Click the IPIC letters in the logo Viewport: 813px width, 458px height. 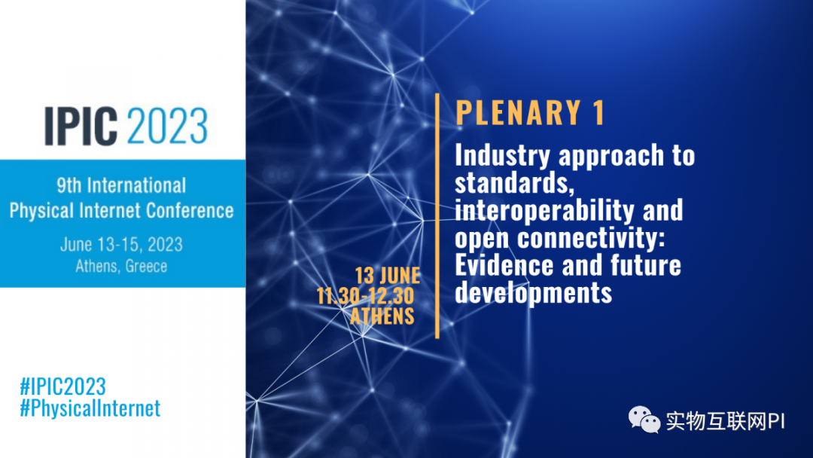[x=81, y=126]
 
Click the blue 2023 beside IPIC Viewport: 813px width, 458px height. [x=167, y=126]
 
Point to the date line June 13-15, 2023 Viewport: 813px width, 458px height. [x=121, y=244]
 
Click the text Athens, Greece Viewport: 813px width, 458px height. [x=121, y=266]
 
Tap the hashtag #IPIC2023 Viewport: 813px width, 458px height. [x=62, y=387]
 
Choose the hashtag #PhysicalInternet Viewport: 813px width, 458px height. [x=90, y=408]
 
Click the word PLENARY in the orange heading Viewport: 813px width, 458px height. [x=519, y=112]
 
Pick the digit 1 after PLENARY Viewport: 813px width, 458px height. [x=599, y=112]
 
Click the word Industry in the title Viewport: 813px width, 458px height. [x=502, y=156]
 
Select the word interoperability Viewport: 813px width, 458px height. [x=544, y=211]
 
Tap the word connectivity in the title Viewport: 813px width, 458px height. [x=591, y=238]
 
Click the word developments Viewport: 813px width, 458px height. [x=534, y=292]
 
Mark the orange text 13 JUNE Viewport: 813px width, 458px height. [x=388, y=276]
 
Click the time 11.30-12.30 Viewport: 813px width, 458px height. [x=366, y=296]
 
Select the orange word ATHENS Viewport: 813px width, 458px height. [x=382, y=316]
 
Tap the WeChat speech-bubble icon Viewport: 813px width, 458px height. [x=644, y=420]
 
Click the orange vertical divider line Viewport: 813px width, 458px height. [x=437, y=215]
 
